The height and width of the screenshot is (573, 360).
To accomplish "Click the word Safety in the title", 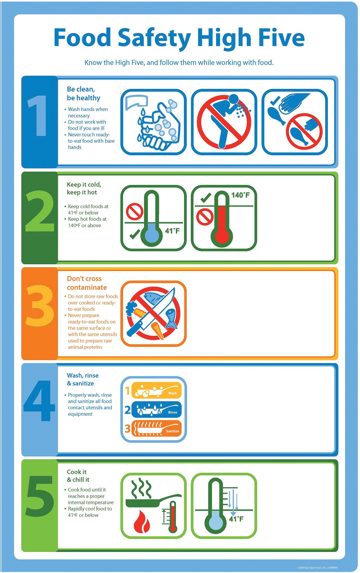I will [154, 38].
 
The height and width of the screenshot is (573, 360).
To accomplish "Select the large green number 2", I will [40, 211].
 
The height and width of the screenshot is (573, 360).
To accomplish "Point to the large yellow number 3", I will [40, 306].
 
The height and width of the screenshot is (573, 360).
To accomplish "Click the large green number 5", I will [40, 496].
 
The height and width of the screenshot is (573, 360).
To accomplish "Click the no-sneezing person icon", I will [224, 122].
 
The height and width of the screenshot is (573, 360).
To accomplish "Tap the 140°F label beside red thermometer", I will [240, 195].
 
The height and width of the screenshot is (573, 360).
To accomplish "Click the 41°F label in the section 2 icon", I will [172, 231].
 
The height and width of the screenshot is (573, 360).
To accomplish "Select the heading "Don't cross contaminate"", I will [86, 283].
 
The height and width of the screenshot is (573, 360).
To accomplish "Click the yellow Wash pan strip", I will [156, 390].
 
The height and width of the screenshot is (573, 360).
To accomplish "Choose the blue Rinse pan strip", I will [156, 409].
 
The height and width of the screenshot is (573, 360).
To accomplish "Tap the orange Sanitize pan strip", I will [156, 428].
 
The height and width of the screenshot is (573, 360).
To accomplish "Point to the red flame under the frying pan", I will [142, 522].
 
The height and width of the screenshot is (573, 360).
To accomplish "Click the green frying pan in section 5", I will [146, 501].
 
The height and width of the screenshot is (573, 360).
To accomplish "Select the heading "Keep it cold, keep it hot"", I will [84, 189].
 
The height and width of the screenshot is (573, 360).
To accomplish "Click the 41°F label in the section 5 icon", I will [236, 519].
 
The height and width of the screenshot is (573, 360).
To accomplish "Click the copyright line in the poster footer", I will [317, 568].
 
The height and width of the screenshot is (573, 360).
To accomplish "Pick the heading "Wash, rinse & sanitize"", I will [82, 379].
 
